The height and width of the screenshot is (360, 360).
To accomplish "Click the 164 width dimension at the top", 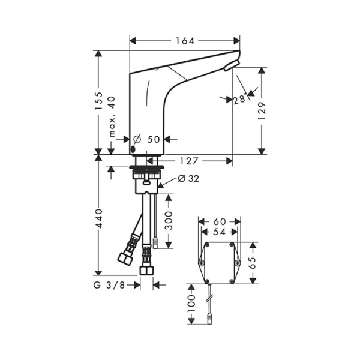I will click(x=185, y=41).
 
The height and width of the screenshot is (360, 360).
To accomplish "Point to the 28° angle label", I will click(x=240, y=100).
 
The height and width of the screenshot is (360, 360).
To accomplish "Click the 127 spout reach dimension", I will click(x=188, y=160).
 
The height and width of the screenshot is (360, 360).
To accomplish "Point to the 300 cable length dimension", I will click(x=169, y=221).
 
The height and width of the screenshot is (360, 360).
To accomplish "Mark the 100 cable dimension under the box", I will click(x=191, y=304).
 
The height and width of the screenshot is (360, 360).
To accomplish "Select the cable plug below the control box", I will click(x=209, y=319).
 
